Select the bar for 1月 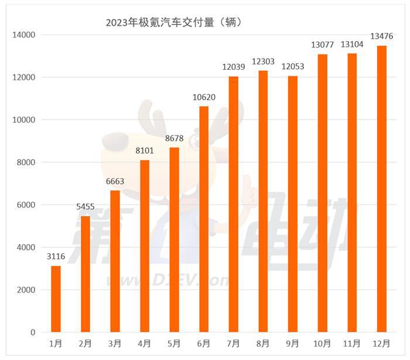click(x=56, y=299)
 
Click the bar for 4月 click(x=145, y=246)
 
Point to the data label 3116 click(x=56, y=257)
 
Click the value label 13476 click(x=381, y=36)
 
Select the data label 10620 click(x=204, y=97)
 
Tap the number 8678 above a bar click(x=174, y=138)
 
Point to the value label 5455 click(x=86, y=207)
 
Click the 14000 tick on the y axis click(x=24, y=35)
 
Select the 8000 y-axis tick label click(x=26, y=162)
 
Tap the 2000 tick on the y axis click(x=26, y=290)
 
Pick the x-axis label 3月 click(x=115, y=343)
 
